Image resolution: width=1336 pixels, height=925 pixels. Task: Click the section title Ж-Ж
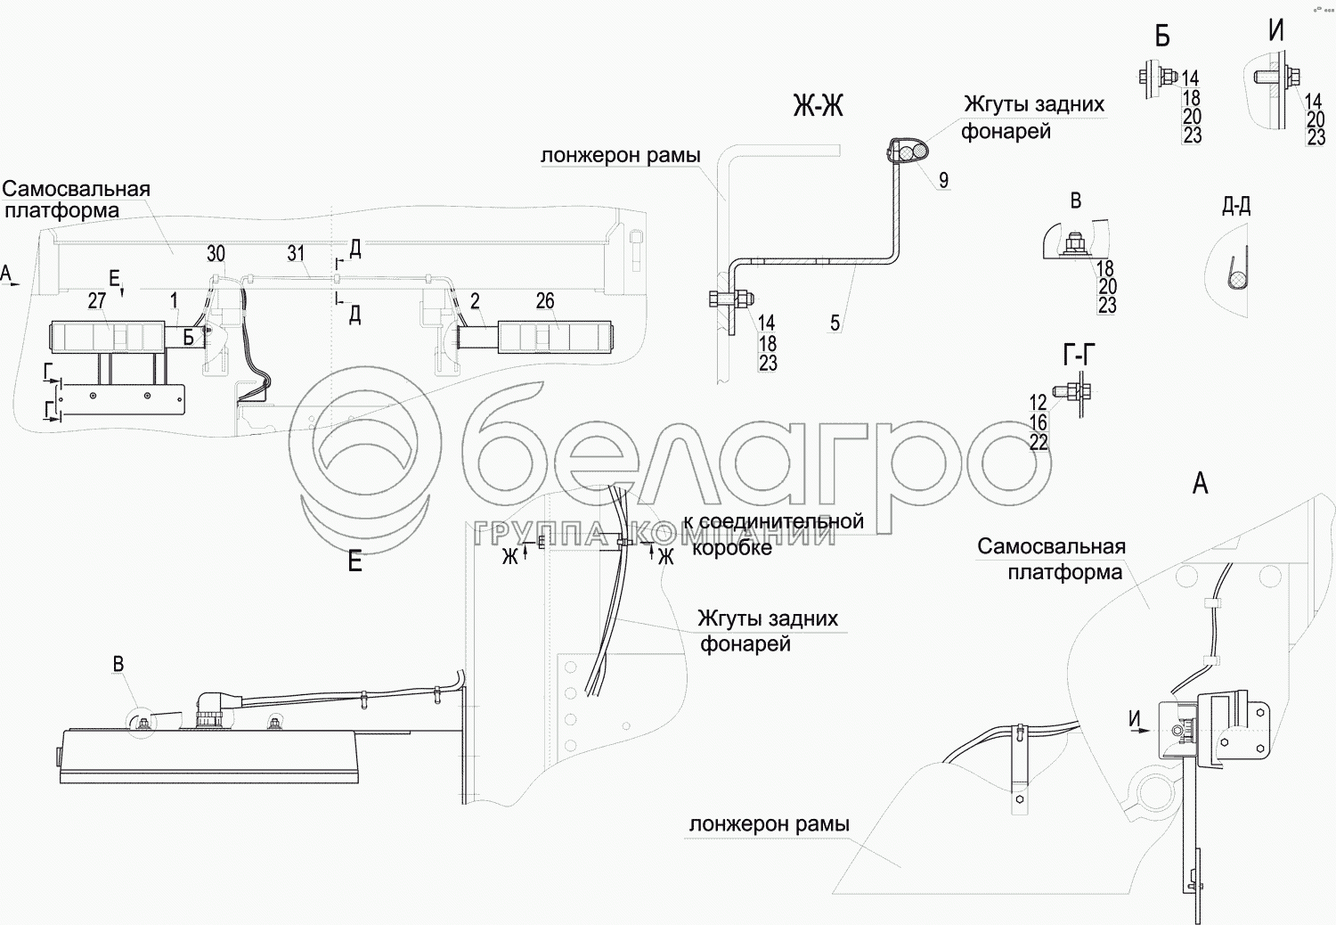pos(818,107)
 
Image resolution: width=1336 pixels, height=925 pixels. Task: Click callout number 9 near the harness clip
pos(943,180)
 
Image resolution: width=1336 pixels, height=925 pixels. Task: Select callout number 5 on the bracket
pos(835,323)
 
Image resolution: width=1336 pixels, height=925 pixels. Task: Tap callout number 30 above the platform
pos(216,254)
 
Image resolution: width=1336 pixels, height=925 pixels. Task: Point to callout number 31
pos(296,254)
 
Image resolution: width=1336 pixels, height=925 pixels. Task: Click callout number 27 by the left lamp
pos(97,301)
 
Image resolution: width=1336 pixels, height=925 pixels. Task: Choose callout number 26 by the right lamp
pos(545,301)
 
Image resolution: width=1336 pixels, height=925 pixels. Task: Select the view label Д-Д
pos(1236,207)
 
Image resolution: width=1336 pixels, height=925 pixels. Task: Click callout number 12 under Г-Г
pos(1039,403)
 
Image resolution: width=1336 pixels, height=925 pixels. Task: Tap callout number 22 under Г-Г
pos(1039,442)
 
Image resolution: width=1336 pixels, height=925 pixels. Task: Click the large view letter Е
pos(354,562)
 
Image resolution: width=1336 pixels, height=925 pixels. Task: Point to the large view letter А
pos(1201,484)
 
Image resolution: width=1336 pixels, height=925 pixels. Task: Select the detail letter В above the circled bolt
pos(118,664)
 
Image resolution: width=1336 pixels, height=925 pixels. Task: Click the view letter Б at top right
pos(1161,36)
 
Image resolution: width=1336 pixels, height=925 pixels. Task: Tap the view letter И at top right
pos(1276,31)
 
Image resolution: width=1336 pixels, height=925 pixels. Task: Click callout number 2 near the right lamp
pos(476,301)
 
